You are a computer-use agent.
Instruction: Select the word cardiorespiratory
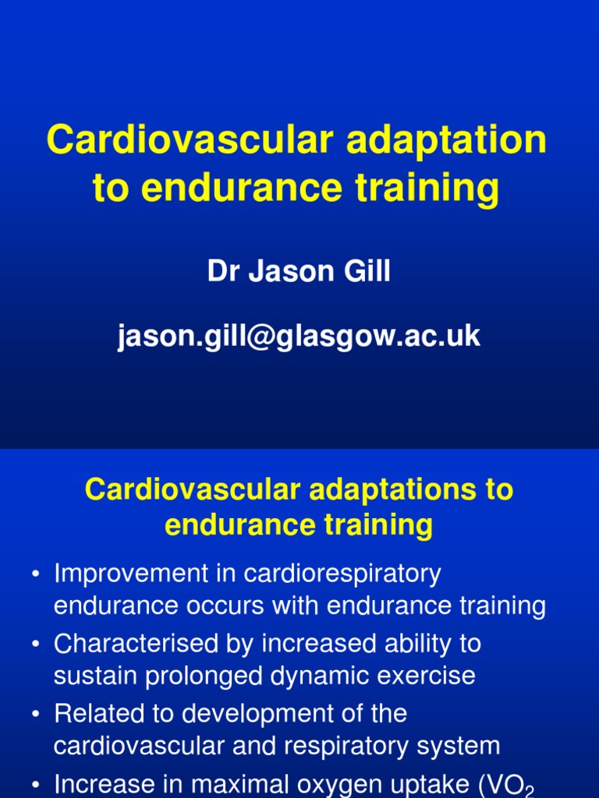pos(342,574)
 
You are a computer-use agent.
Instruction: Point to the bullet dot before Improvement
pos(36,575)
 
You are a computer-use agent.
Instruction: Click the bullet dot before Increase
pos(36,783)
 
